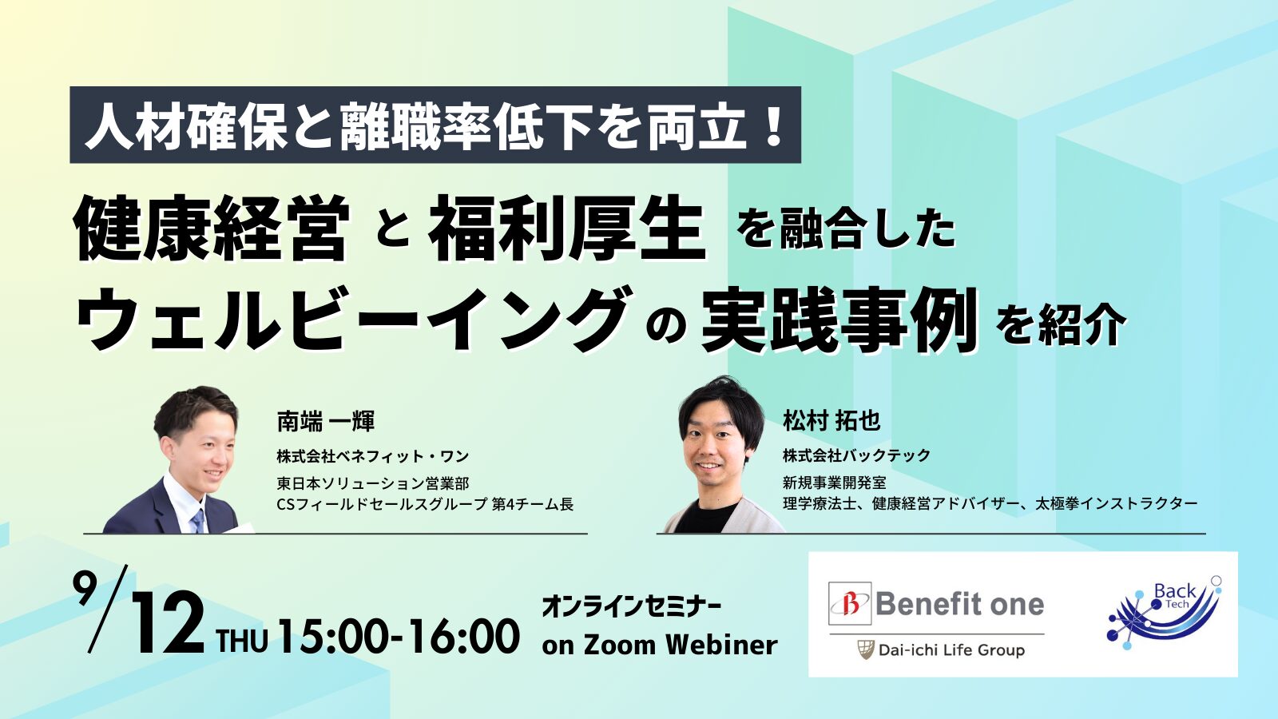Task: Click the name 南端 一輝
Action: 325,422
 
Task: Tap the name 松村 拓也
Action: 831,421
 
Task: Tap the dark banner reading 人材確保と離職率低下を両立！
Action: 435,125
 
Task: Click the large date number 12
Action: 169,629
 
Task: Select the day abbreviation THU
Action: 242,641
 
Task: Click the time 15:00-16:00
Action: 399,635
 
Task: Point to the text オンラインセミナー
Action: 630,607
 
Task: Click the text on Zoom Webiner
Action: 660,646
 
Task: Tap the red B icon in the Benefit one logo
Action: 850,604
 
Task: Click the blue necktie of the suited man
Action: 198,521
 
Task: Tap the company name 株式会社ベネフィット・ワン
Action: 372,456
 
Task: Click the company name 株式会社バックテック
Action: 856,455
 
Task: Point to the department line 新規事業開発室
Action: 834,483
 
